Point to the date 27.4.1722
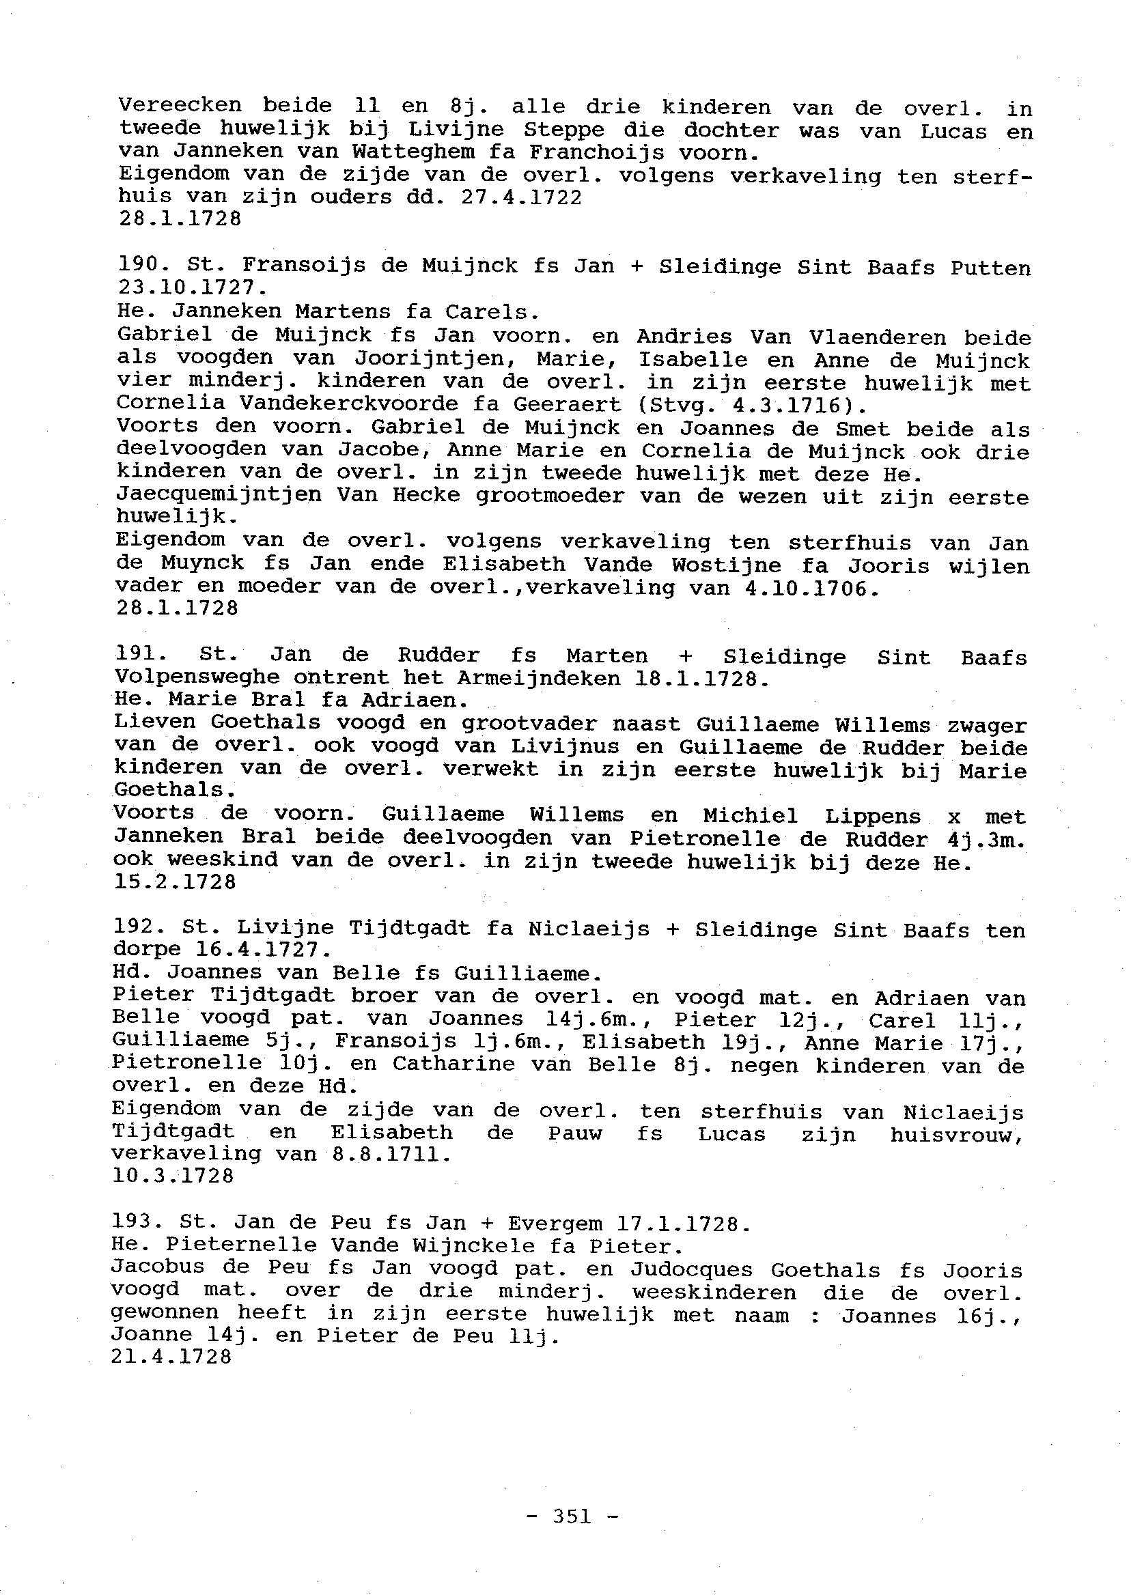522,198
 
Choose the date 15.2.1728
175,882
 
